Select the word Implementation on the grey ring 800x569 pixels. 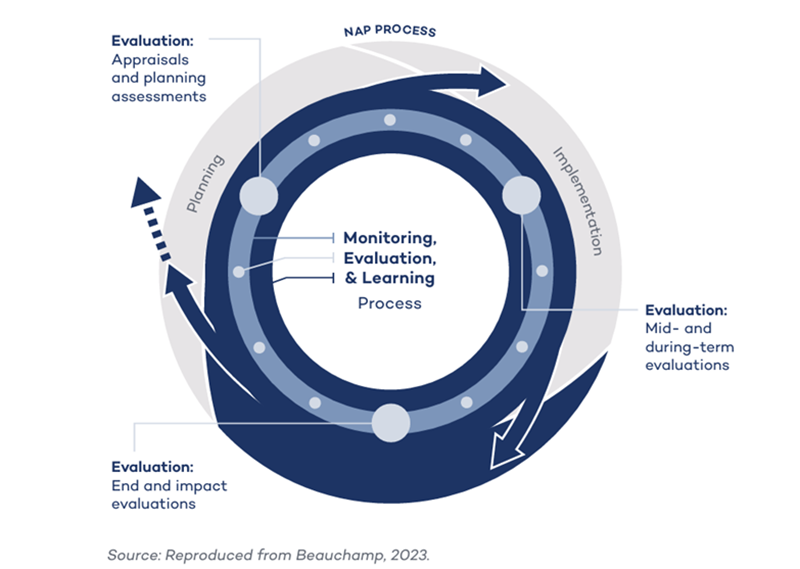tap(579, 199)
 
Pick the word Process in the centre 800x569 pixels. tap(390, 302)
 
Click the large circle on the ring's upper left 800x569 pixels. tap(258, 196)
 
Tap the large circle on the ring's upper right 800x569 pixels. tap(520, 195)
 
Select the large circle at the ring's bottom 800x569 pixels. tap(391, 422)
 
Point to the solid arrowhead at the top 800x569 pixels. tap(493, 81)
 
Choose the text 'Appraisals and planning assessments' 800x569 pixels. tap(159, 78)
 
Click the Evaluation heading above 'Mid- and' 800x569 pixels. tap(686, 310)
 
